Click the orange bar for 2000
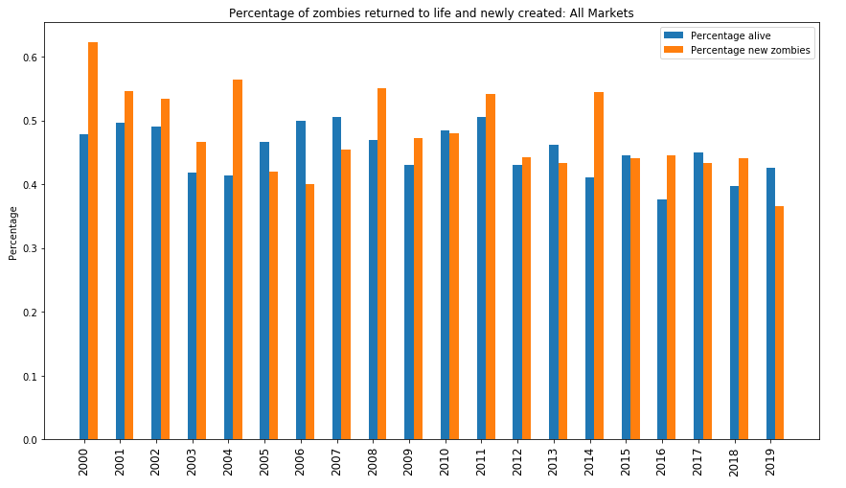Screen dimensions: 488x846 tap(93, 241)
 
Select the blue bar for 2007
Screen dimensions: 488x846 tap(336, 278)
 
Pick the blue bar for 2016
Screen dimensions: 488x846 tap(661, 319)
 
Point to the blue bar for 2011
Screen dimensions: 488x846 tap(481, 278)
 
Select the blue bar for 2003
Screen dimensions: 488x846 tap(192, 306)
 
